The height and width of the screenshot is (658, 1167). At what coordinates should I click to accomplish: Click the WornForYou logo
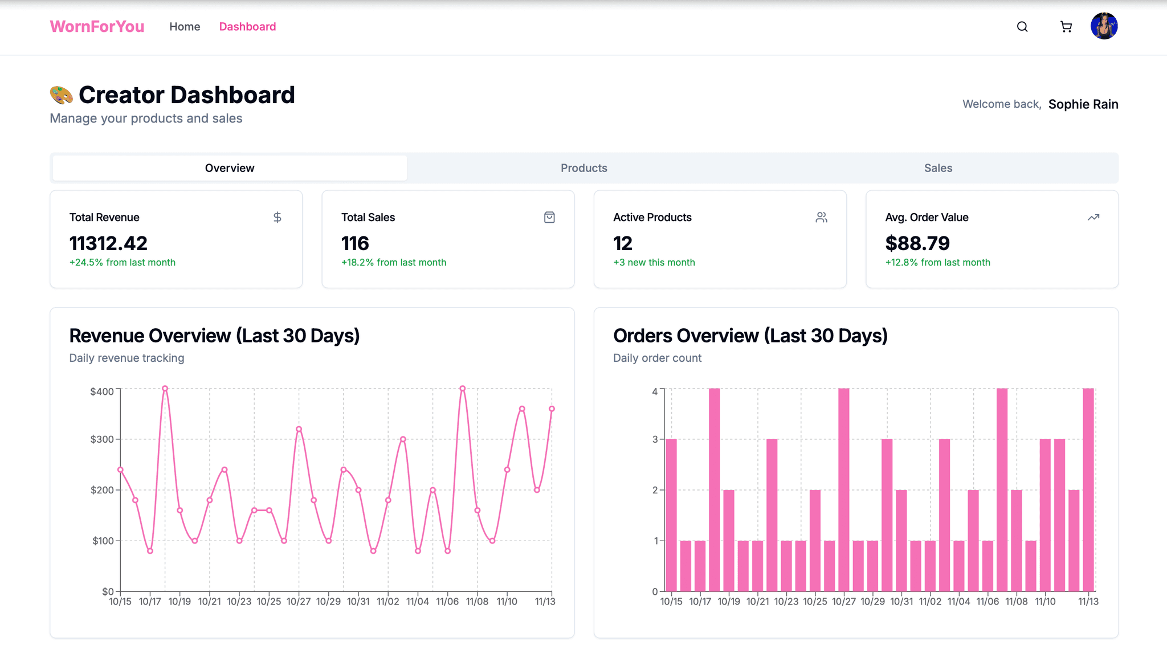[97, 27]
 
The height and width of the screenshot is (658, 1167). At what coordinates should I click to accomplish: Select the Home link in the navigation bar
[185, 27]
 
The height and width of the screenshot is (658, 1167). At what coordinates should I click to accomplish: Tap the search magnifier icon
[1022, 27]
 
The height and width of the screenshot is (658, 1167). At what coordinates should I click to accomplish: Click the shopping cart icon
[1066, 27]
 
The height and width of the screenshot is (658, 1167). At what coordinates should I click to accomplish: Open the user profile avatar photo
[1104, 26]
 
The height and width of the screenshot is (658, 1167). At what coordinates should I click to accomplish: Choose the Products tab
[583, 168]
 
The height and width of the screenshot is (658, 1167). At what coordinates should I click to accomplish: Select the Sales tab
[938, 168]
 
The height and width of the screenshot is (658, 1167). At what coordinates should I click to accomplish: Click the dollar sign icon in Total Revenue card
[277, 217]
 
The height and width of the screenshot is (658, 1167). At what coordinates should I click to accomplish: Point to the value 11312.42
[108, 243]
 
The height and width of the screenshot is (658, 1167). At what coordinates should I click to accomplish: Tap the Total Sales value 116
[355, 243]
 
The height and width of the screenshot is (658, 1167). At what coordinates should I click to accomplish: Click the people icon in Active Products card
[821, 217]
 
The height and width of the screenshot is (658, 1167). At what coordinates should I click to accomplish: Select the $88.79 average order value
[917, 243]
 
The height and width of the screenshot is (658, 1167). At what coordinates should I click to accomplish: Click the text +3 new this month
[654, 263]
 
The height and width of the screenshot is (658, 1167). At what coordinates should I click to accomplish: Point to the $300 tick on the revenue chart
[103, 439]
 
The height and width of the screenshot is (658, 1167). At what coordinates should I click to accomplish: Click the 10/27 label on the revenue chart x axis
[299, 602]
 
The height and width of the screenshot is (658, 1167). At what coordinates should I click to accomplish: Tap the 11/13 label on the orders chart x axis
[1088, 602]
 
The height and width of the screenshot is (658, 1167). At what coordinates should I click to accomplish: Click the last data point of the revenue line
[552, 408]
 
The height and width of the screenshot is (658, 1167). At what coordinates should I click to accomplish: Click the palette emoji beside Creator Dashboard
[61, 95]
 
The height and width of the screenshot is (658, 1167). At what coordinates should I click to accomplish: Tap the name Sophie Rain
[1083, 104]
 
